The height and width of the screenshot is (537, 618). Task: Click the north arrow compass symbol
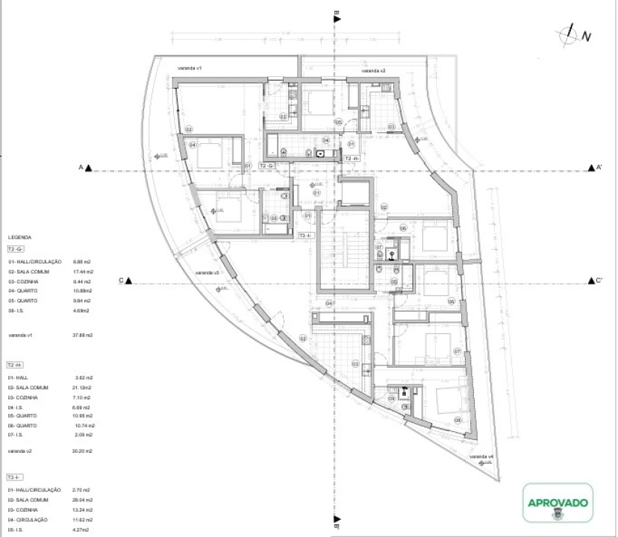(571, 34)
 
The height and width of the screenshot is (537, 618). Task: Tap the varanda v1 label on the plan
(190, 68)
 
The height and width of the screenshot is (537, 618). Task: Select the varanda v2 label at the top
(373, 71)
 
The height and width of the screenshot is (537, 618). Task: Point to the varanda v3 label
(206, 273)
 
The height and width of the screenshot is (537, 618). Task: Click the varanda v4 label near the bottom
(481, 456)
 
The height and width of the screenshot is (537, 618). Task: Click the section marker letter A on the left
(81, 168)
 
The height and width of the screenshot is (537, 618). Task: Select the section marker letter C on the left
(120, 281)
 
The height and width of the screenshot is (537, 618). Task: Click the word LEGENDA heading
(19, 237)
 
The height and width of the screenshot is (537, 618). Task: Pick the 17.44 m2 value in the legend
(83, 271)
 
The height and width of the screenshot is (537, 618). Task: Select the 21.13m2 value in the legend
(82, 388)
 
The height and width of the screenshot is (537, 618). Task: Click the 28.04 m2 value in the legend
(83, 499)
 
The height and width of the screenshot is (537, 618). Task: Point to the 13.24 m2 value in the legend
(83, 509)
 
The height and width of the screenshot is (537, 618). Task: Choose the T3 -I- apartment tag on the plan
(307, 235)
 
